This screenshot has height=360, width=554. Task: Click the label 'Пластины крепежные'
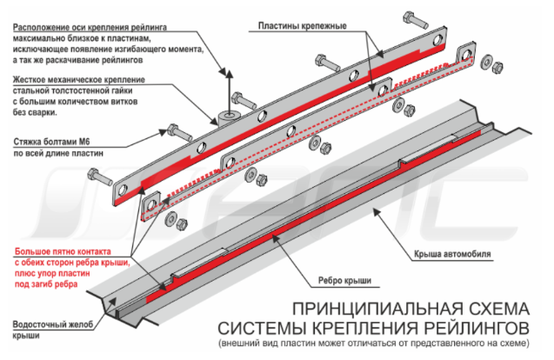(302, 26)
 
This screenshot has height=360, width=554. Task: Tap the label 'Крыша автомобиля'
(452, 254)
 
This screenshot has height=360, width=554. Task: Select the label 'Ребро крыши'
(344, 281)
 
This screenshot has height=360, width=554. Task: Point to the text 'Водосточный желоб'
(53, 324)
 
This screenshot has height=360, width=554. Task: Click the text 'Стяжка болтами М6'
(51, 142)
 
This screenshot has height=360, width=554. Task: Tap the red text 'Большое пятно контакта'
(63, 251)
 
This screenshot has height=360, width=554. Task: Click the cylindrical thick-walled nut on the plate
(230, 118)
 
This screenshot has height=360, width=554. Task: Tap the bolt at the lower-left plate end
(100, 177)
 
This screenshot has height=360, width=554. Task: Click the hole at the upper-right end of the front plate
(437, 39)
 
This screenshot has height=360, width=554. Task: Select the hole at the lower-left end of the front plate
(122, 190)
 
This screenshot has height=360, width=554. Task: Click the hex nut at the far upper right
(497, 67)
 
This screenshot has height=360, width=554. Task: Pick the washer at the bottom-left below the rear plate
(170, 218)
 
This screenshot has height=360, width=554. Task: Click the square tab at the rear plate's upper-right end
(465, 54)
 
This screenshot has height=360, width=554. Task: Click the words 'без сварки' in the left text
(35, 113)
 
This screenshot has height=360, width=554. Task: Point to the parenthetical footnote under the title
(374, 343)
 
